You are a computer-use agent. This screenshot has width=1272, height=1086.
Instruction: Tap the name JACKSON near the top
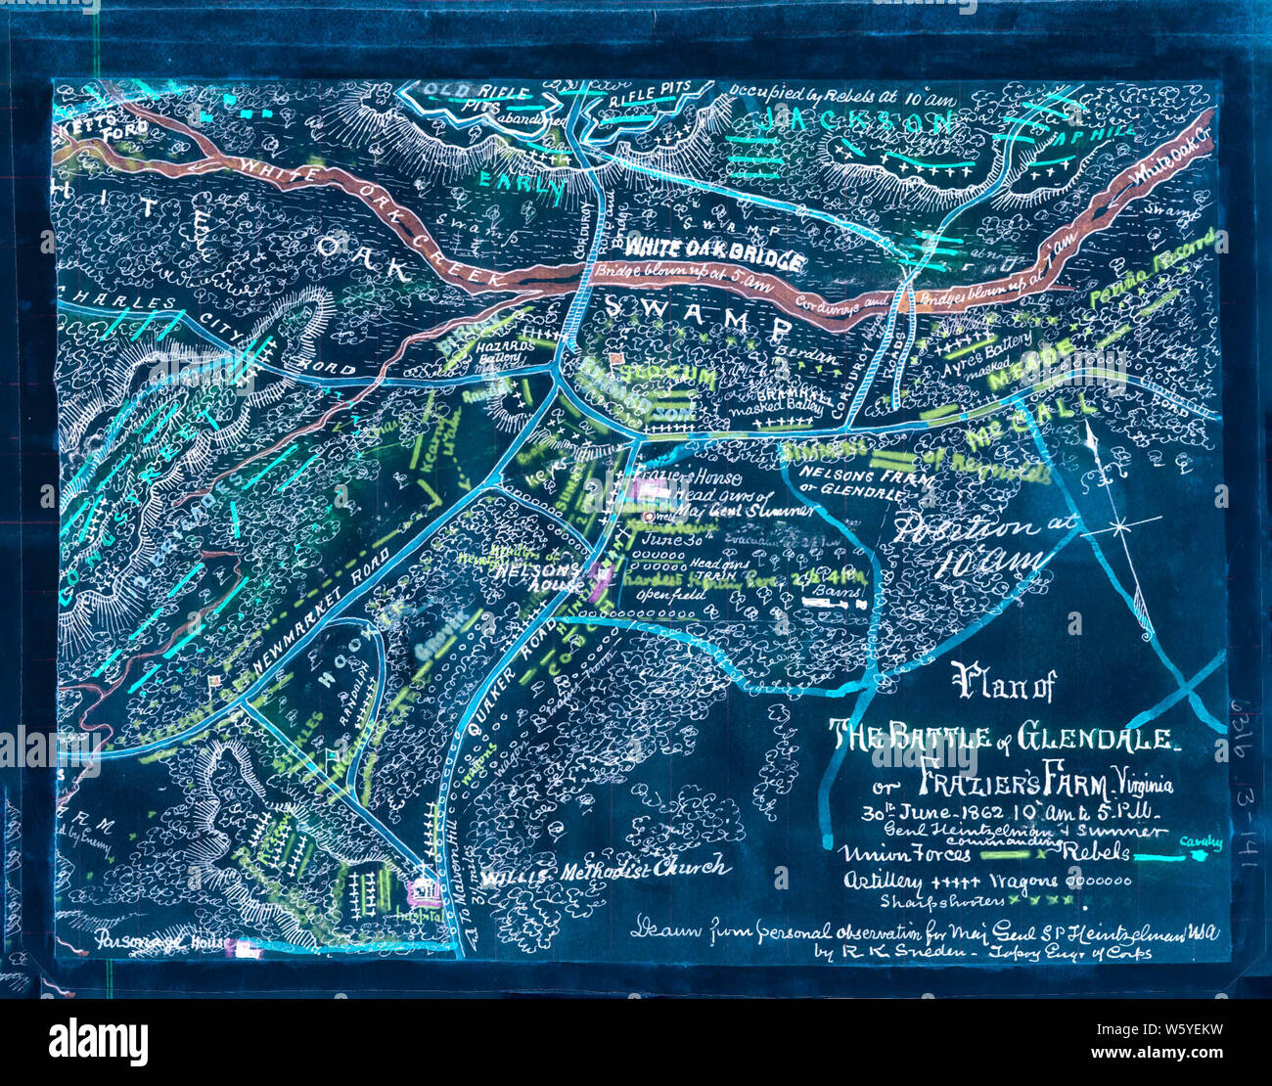[x=858, y=122]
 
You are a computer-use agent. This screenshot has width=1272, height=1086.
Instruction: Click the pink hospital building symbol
[x=424, y=890]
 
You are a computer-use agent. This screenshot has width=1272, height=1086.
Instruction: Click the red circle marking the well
[x=648, y=516]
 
